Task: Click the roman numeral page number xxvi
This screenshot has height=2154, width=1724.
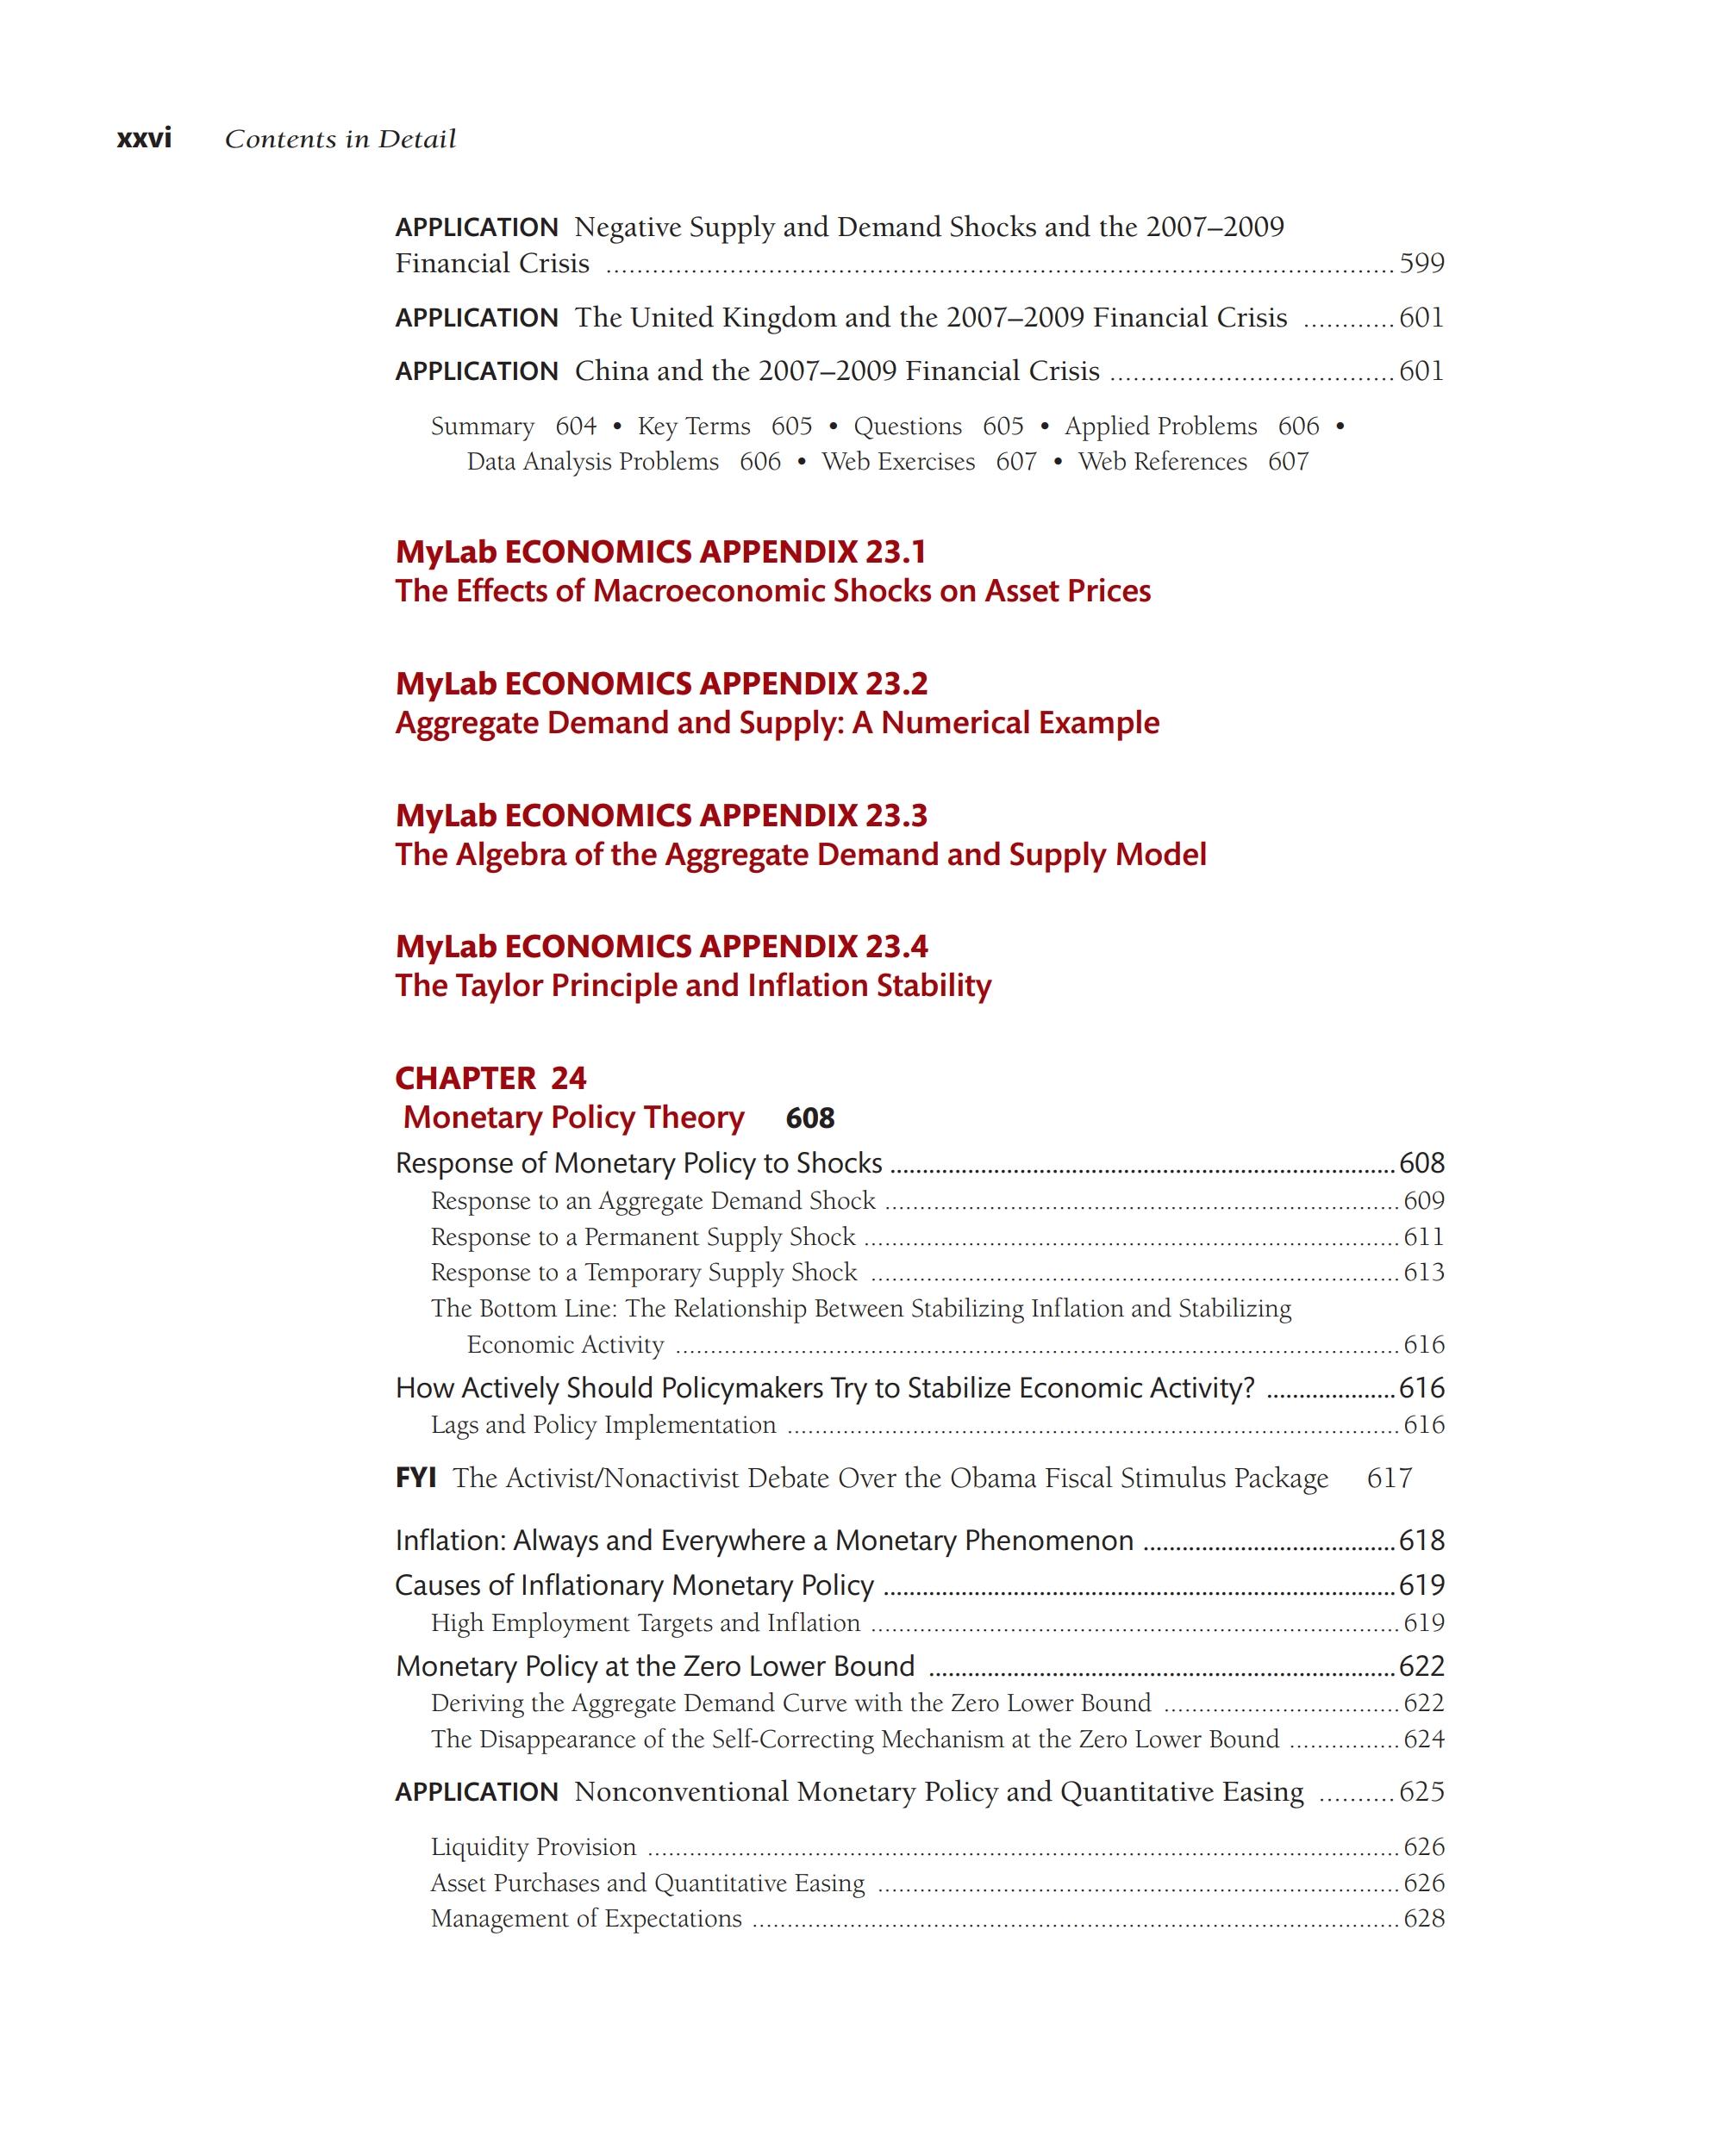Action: tap(144, 138)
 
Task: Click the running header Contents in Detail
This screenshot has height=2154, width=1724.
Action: tap(340, 139)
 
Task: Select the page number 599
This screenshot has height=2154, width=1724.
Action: tap(1421, 263)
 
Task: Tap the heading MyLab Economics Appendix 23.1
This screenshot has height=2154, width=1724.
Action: tap(660, 551)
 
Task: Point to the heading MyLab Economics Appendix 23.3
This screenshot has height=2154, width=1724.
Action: tap(660, 815)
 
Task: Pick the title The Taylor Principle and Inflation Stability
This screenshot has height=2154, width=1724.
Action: tap(692, 985)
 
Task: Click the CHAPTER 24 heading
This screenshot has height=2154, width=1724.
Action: tap(490, 1078)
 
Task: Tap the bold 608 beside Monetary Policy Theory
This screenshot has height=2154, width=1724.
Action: tap(809, 1118)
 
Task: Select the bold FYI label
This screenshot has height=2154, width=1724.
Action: tap(415, 1478)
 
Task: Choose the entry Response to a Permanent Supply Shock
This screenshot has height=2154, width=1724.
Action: tap(643, 1237)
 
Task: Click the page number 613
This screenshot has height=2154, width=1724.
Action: tap(1423, 1272)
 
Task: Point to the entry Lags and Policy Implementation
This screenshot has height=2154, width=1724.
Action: tap(603, 1425)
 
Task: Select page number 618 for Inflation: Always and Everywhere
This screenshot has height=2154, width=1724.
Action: tap(1421, 1541)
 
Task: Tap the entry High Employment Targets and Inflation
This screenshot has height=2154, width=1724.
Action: tap(645, 1622)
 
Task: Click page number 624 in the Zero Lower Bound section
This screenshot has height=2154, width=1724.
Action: tap(1423, 1740)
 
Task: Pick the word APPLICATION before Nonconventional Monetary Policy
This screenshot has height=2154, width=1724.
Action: tap(477, 1792)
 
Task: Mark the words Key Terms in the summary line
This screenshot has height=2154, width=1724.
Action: tap(694, 426)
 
